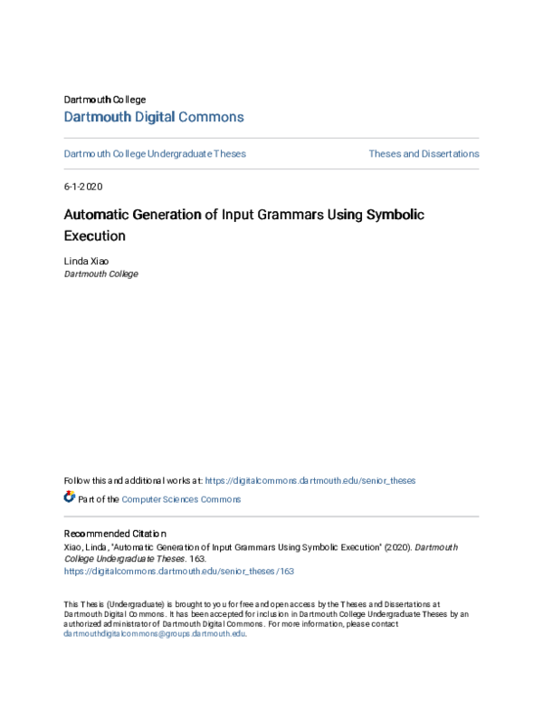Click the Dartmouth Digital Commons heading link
154,117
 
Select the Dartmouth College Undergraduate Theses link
155,154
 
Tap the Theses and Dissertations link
424,154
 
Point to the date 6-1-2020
83,187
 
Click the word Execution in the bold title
94,236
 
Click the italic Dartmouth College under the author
101,274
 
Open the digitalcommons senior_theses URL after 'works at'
310,480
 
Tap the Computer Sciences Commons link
181,499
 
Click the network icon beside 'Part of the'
70,498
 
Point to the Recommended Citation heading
115,534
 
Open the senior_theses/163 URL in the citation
179,572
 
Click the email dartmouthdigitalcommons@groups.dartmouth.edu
154,634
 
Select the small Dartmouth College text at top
105,99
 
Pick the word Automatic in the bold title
99,216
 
